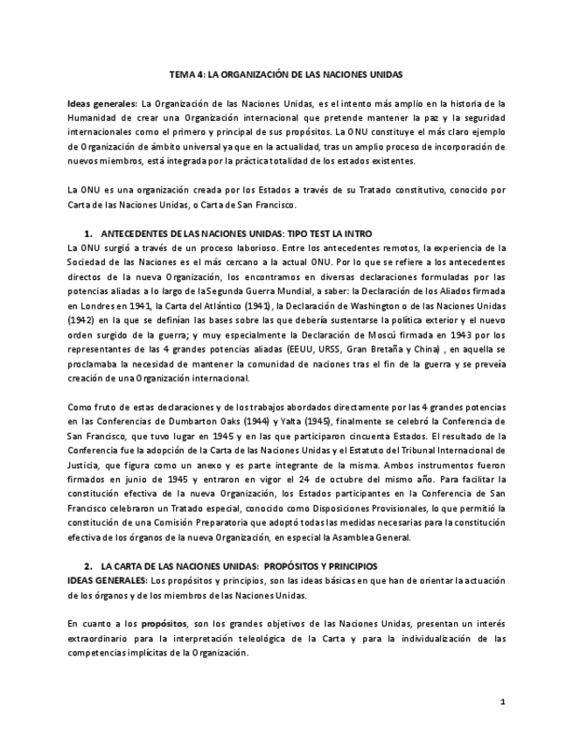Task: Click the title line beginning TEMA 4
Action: click(286, 74)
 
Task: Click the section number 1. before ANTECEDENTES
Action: click(88, 234)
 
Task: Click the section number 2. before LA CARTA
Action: click(88, 566)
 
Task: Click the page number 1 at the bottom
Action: click(502, 701)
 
